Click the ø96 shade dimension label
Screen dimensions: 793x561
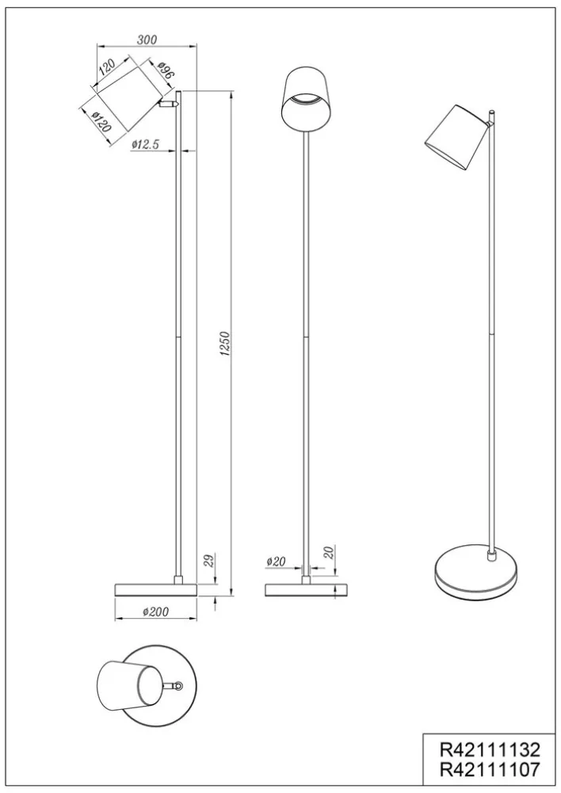pyautogui.click(x=165, y=73)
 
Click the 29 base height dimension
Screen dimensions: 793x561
pyautogui.click(x=207, y=560)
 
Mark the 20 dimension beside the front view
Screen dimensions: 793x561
pyautogui.click(x=327, y=553)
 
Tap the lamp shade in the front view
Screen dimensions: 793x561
pyautogui.click(x=306, y=97)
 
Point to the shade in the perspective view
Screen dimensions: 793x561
pyautogui.click(x=455, y=135)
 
